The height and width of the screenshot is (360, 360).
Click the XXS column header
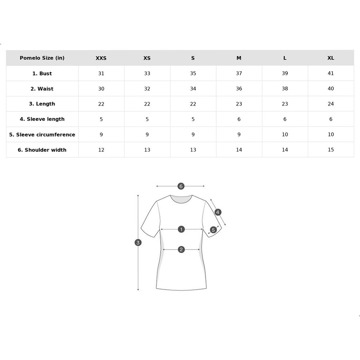pyautogui.click(x=101, y=58)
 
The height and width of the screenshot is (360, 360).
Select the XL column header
pyautogui.click(x=330, y=58)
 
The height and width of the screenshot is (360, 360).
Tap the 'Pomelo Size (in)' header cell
pyautogui.click(x=42, y=58)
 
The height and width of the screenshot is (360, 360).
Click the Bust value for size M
pyautogui.click(x=239, y=73)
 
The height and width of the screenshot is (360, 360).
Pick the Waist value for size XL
pyautogui.click(x=330, y=89)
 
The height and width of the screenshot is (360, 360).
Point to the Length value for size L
pyautogui.click(x=285, y=104)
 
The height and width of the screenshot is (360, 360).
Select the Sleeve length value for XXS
pyautogui.click(x=101, y=119)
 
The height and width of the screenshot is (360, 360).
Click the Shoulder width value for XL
pyautogui.click(x=330, y=150)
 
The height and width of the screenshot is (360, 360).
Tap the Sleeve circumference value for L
pyautogui.click(x=285, y=134)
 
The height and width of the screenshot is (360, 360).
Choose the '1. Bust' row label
pyautogui.click(x=42, y=73)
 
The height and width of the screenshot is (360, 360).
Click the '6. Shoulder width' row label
pyautogui.click(x=42, y=150)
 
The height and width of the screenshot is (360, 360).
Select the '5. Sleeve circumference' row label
pyautogui.click(x=42, y=135)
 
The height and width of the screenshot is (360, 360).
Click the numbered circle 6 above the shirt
pyautogui.click(x=181, y=186)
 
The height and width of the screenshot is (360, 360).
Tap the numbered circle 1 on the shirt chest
pyautogui.click(x=181, y=229)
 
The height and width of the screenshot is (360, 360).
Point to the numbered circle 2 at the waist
pyautogui.click(x=181, y=250)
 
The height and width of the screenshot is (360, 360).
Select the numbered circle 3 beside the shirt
pyautogui.click(x=138, y=243)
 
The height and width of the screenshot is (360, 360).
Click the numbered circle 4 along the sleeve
pyautogui.click(x=218, y=212)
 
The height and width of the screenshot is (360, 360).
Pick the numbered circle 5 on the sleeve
pyautogui.click(x=213, y=230)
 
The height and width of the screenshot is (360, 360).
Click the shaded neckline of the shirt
pyautogui.click(x=181, y=199)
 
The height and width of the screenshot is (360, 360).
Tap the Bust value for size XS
pyautogui.click(x=147, y=73)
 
